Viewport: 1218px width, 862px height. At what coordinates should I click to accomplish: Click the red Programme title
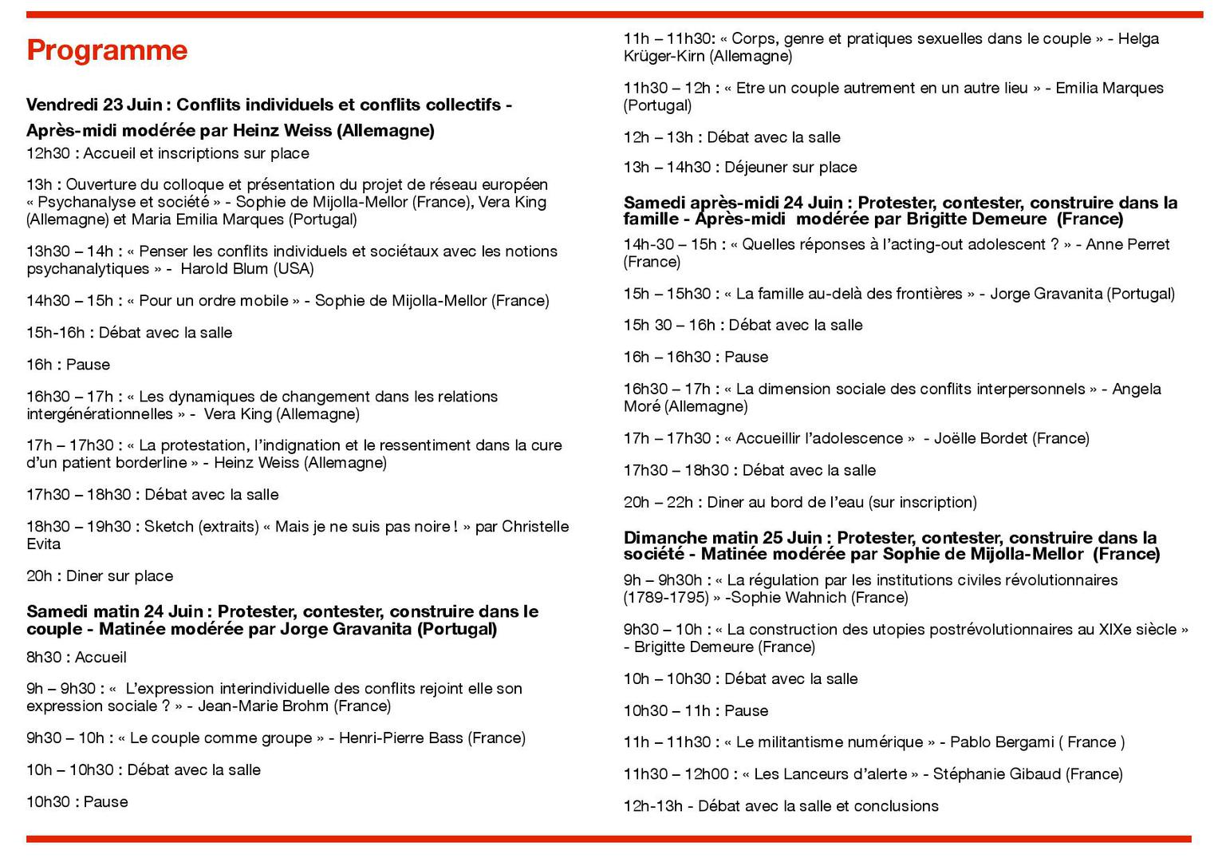(x=107, y=50)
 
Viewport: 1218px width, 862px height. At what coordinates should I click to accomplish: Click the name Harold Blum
(x=225, y=269)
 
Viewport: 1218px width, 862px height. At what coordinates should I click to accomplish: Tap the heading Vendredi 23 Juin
(x=94, y=105)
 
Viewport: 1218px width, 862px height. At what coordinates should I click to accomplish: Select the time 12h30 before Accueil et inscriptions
(x=48, y=153)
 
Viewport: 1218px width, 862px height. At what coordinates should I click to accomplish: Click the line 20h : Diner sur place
(x=100, y=576)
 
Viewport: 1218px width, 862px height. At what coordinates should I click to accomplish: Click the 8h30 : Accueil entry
(x=77, y=658)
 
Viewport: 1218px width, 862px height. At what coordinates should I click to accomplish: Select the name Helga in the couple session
(x=1138, y=39)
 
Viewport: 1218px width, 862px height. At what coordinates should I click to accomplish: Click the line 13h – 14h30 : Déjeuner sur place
(x=740, y=168)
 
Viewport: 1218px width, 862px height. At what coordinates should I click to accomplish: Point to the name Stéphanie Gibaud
(x=995, y=774)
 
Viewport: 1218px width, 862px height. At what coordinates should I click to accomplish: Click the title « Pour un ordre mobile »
(x=214, y=301)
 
